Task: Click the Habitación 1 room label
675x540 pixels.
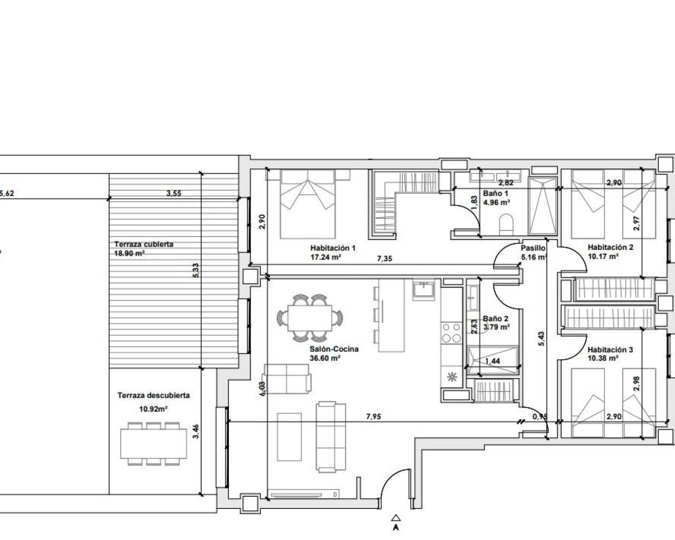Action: (x=333, y=248)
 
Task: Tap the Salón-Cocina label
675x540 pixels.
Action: (x=334, y=349)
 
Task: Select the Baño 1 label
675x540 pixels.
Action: (x=495, y=194)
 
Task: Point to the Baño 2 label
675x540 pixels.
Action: (x=495, y=319)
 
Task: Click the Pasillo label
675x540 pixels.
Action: (x=533, y=248)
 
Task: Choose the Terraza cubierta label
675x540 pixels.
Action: (x=144, y=244)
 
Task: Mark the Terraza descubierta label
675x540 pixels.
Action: (x=153, y=395)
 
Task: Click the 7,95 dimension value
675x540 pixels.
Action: (x=373, y=417)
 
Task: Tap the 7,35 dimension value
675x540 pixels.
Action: (x=384, y=259)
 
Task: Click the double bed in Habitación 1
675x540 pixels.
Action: (x=307, y=204)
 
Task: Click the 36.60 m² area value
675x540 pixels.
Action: (x=325, y=358)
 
